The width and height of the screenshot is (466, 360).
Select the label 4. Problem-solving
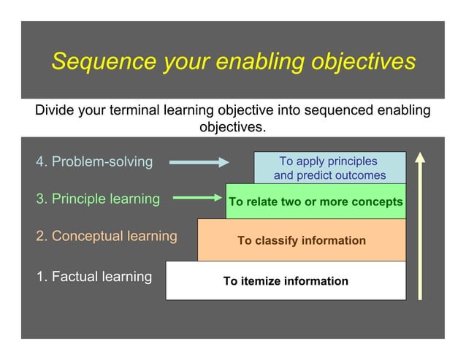click(x=94, y=161)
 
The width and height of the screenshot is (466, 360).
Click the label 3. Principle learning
click(x=98, y=199)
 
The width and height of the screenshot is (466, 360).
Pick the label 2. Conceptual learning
click(x=107, y=237)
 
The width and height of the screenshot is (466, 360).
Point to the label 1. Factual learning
click(x=94, y=277)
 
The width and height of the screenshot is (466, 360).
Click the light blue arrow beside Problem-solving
click(x=199, y=162)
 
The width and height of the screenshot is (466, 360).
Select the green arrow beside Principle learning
click(x=198, y=197)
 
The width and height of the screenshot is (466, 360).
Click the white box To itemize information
click(x=286, y=281)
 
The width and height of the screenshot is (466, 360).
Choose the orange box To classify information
click(x=302, y=240)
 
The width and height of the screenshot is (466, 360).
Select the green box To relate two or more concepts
click(x=316, y=202)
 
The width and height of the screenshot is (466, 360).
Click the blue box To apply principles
click(x=329, y=168)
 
